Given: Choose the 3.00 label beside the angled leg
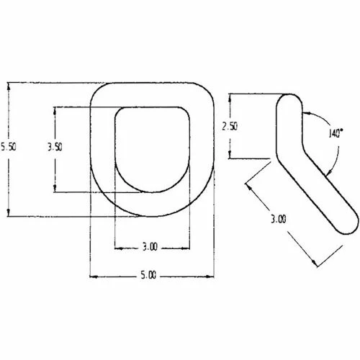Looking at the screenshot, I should pyautogui.click(x=279, y=218).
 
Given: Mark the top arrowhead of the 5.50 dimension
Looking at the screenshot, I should pyautogui.click(x=9, y=84).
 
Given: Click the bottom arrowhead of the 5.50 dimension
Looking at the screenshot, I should pyautogui.click(x=9, y=213).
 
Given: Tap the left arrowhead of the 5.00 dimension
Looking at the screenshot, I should pyautogui.click(x=91, y=274).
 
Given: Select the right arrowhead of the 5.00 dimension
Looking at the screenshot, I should pyautogui.click(x=212, y=274).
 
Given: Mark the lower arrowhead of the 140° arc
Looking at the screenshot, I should pyautogui.click(x=328, y=170).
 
